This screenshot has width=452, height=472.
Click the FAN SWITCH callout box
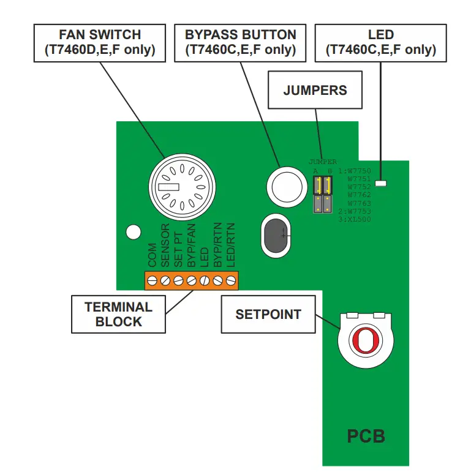point(99,43)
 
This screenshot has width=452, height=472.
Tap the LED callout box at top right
point(380,43)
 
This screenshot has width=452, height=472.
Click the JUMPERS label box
point(315,91)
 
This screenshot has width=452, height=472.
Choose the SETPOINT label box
point(268,315)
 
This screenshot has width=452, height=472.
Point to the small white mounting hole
point(132,232)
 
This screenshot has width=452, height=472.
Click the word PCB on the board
point(366,436)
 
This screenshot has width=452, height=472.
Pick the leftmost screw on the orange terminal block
point(152,281)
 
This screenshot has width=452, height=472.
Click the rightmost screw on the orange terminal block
point(231,281)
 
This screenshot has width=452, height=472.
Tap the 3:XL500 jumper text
point(355,219)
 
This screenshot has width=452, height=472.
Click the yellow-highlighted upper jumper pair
point(322,185)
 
